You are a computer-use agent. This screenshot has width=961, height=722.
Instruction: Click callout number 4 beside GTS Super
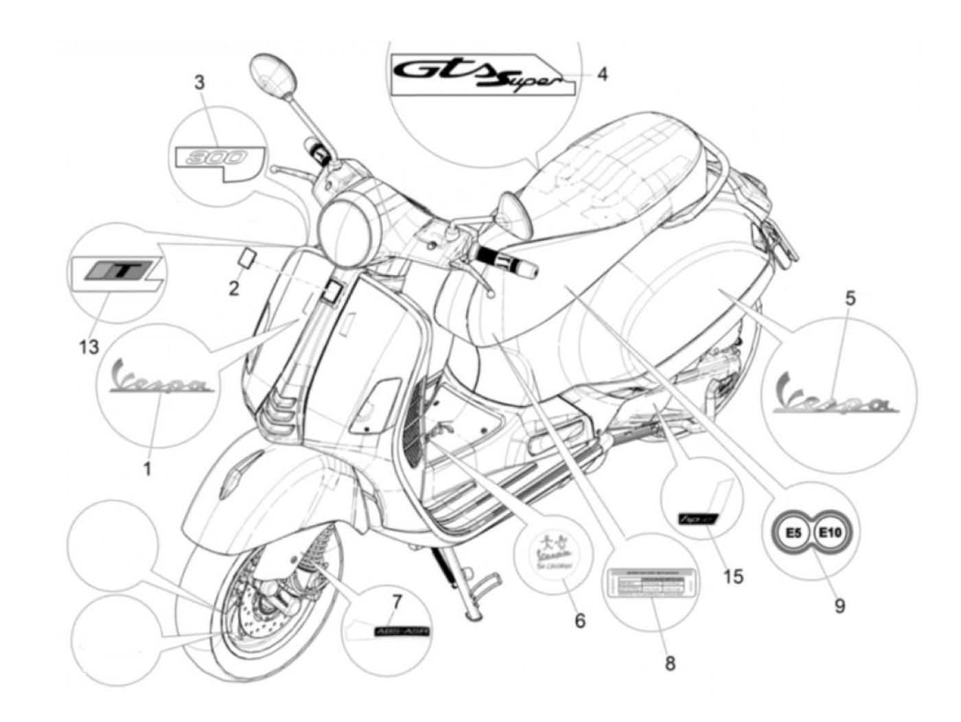601,73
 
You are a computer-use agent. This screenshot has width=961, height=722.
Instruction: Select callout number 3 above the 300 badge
199,83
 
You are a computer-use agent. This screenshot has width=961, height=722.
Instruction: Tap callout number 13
89,347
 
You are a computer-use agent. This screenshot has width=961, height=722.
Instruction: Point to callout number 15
733,577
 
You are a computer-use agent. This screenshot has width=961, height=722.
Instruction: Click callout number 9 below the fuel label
840,606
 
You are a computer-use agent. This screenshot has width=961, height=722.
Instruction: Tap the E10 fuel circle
832,533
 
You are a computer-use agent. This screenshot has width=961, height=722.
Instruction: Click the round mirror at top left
273,74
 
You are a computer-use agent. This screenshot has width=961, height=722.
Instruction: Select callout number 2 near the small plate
234,289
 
